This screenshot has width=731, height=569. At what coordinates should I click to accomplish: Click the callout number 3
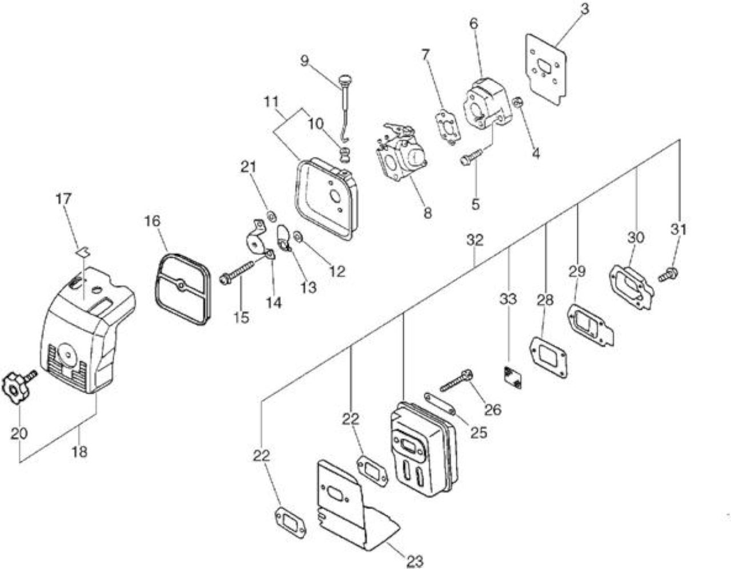[584, 9]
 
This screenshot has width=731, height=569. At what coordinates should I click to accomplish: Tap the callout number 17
[63, 199]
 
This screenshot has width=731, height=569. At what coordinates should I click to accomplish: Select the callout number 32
[475, 240]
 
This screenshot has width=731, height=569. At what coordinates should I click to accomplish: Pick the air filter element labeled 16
[182, 288]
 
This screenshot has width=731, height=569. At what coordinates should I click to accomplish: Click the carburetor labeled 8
[403, 155]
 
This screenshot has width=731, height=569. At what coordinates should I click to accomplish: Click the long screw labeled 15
[237, 273]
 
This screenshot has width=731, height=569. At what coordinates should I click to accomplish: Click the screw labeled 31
[668, 275]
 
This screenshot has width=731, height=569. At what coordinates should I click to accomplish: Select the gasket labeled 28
[549, 358]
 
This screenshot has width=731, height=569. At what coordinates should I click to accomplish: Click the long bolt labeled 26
[456, 381]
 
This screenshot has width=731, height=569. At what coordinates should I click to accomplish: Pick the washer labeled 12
[298, 236]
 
